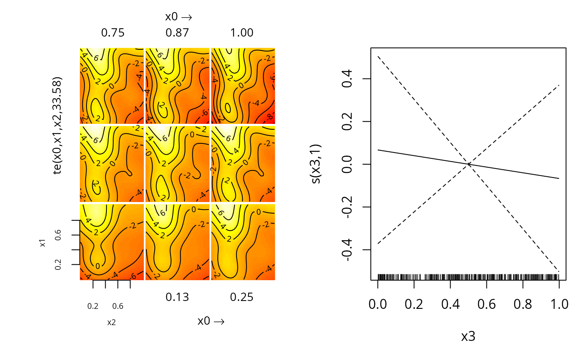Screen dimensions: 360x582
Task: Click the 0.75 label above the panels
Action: point(113,33)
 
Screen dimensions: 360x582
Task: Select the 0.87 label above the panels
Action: point(177,33)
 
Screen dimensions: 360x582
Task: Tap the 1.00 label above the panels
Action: point(242,33)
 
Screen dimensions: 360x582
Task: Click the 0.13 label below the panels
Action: point(177,297)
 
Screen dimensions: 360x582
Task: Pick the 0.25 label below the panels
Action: point(242,297)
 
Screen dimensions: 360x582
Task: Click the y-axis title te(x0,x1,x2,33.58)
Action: point(59,126)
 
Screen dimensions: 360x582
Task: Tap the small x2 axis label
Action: point(111,322)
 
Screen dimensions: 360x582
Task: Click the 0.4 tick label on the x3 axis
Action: point(450,305)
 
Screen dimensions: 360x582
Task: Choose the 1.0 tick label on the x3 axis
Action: point(559,305)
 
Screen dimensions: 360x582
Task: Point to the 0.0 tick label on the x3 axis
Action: point(378,305)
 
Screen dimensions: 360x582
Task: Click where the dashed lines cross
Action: point(469,164)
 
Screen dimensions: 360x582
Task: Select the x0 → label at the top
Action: point(178,17)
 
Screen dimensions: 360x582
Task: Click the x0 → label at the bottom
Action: point(211,321)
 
